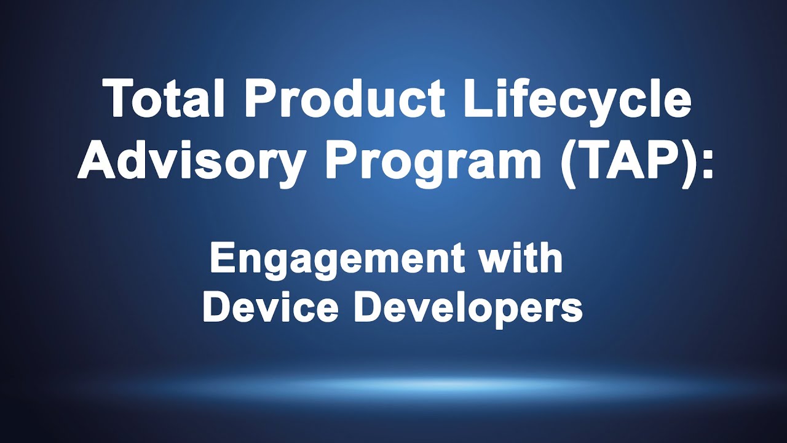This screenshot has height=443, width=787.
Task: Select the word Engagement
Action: coord(334,258)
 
